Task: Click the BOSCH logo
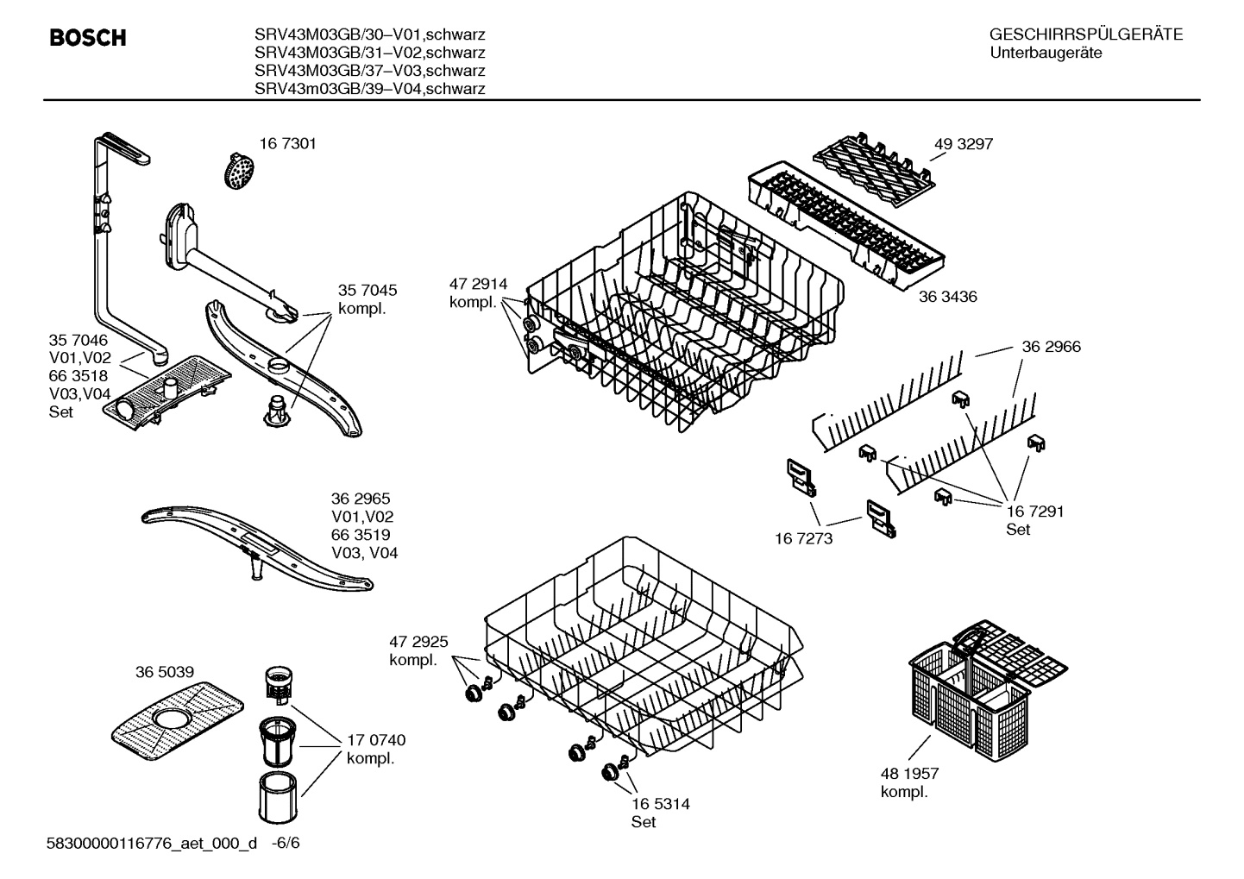tap(88, 38)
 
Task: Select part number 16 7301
tap(287, 144)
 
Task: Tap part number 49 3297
tap(963, 144)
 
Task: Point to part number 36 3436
tap(947, 297)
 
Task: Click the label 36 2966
tap(1051, 347)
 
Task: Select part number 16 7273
tap(804, 538)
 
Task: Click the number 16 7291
tap(1034, 512)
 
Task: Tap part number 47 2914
tap(478, 285)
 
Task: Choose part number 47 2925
tap(418, 643)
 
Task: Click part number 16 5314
tap(660, 804)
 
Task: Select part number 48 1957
tap(909, 774)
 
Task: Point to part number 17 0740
tap(376, 740)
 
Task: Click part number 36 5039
tap(164, 672)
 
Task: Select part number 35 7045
tap(368, 291)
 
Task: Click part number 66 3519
tap(361, 535)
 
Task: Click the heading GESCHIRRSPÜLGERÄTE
tap(1085, 35)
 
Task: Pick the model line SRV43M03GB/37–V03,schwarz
tap(369, 71)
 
